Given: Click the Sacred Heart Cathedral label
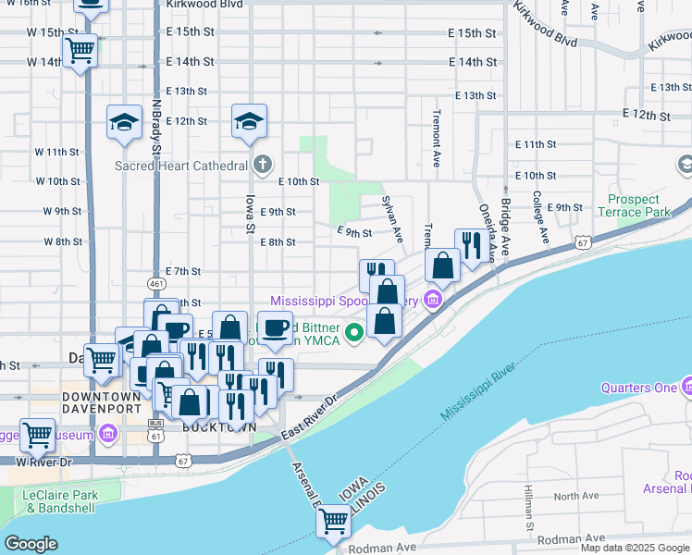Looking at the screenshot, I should (x=180, y=166).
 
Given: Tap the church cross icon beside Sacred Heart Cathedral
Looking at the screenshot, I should (x=263, y=165).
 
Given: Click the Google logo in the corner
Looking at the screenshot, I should (x=31, y=544).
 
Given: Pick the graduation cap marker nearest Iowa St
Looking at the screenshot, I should (x=249, y=121).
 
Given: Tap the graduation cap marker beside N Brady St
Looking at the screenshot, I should (x=124, y=121).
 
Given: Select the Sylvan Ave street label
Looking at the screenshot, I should (x=393, y=219).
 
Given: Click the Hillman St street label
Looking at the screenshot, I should (x=529, y=508).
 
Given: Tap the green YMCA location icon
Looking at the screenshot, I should (x=352, y=332).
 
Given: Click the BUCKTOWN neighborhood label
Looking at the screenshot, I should (x=206, y=427).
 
